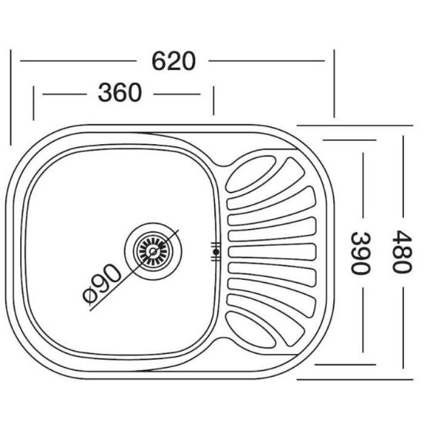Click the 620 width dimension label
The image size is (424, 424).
point(173,61)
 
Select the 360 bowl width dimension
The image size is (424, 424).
point(119,93)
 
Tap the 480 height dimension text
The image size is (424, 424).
point(402,252)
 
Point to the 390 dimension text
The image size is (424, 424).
point(360,253)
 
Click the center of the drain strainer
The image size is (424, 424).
point(153,251)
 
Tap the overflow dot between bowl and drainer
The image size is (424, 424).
point(216,252)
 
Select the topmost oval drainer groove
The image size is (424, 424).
point(250,173)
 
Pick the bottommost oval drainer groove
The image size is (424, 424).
point(250,330)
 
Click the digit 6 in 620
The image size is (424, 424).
point(159,61)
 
